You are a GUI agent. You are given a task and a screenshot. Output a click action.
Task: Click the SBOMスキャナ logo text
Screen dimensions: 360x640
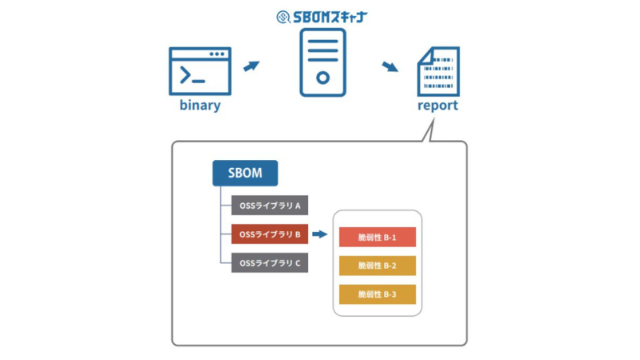pos(328,16)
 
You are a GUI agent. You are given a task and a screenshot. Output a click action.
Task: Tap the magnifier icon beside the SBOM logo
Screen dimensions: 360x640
pos(282,16)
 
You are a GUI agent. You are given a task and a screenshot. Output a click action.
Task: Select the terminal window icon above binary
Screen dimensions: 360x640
pos(200,71)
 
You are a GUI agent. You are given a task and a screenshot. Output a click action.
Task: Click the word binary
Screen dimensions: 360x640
pos(200,106)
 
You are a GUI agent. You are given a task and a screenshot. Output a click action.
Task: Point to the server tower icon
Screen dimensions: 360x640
pos(322,62)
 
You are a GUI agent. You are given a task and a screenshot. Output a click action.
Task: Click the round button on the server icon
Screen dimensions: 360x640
pos(322,78)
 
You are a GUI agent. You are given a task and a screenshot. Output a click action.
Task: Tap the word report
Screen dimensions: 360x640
pos(438,106)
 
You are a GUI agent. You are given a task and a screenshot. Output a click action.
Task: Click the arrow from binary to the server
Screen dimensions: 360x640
pos(251,66)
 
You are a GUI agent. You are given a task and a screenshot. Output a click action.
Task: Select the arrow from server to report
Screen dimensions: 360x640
pos(391,66)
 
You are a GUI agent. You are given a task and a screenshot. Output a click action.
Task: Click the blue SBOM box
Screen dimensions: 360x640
pos(245,174)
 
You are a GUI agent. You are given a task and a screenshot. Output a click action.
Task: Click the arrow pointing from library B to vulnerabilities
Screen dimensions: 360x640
pos(321,234)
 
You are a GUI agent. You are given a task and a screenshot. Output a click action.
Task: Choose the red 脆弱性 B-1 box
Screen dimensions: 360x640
pos(378,238)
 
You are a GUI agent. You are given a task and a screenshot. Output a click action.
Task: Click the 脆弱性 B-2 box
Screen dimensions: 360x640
pos(378,266)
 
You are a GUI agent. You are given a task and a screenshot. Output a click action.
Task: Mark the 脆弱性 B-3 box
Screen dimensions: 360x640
pos(378,294)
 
